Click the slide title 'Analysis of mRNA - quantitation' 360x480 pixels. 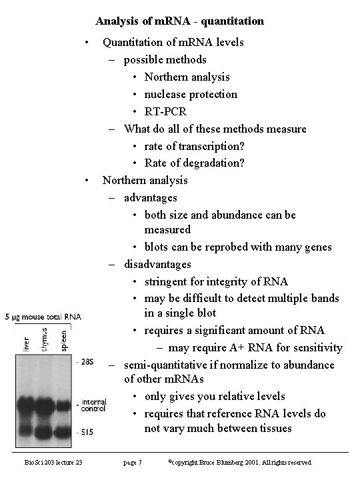179,21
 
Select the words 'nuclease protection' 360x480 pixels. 190,94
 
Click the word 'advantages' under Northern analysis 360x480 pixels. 150,197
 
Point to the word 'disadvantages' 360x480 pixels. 157,264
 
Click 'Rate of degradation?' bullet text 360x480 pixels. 195,163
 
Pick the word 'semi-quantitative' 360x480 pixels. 165,365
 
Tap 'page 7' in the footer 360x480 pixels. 133,462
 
